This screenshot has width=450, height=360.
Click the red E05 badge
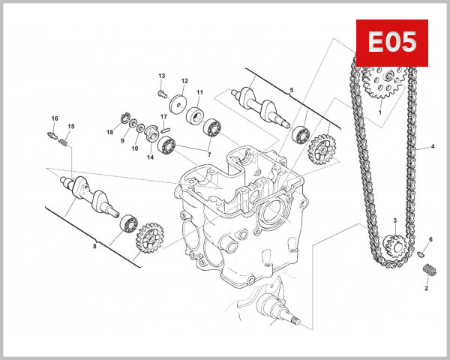391,43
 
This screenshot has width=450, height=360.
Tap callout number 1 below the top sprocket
380,112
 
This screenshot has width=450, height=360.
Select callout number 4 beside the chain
433,147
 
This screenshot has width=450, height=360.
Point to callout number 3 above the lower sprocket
394,220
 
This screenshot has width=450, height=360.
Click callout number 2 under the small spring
426,288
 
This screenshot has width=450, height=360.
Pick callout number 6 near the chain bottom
430,240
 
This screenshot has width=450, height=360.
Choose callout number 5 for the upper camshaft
292,90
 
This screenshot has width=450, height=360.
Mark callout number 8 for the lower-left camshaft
95,246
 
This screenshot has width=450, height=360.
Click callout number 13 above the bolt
160,76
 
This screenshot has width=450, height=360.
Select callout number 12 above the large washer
184,81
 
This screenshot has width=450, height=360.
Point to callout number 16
54,119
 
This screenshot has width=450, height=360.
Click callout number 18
109,132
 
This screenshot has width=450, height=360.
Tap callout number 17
163,117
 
